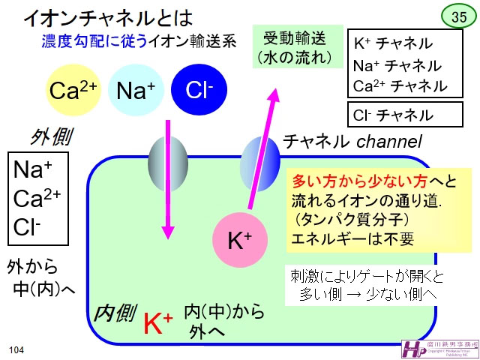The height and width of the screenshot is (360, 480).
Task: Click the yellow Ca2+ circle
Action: tap(73, 90)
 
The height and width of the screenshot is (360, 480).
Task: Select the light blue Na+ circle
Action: tap(136, 90)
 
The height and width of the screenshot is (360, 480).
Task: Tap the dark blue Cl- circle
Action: tap(199, 90)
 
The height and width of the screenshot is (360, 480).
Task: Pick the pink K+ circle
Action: tap(239, 240)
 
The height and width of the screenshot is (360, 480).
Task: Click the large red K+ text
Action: tap(158, 322)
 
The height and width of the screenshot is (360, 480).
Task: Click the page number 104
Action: tap(16, 350)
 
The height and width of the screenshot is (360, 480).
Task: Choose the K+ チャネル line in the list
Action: tap(394, 43)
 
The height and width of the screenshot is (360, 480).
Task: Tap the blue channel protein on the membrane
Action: tap(260, 158)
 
